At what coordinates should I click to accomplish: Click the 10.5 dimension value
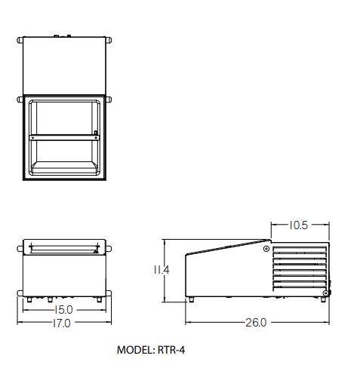tap(298, 225)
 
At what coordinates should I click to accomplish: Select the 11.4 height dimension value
tap(162, 270)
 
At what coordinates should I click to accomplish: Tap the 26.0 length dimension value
tap(256, 323)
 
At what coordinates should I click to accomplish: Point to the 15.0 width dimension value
tap(63, 310)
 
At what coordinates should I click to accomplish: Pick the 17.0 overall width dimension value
tap(62, 323)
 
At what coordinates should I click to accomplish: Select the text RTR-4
tap(171, 350)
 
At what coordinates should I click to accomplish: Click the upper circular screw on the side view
tap(266, 249)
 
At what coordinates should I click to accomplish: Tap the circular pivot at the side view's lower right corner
tap(326, 293)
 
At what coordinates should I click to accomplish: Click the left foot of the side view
tap(191, 299)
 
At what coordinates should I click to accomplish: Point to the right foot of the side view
tap(323, 299)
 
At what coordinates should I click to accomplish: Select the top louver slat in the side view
tap(300, 249)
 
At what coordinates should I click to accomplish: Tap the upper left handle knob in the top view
tap(20, 40)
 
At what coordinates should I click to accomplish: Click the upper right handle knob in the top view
tap(109, 40)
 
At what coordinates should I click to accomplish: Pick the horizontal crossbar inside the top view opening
tap(64, 138)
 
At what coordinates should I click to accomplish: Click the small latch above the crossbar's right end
tap(96, 133)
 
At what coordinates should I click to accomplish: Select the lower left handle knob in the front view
tap(20, 293)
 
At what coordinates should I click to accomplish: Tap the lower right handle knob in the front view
tap(109, 293)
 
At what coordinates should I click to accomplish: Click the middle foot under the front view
tap(51, 299)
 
